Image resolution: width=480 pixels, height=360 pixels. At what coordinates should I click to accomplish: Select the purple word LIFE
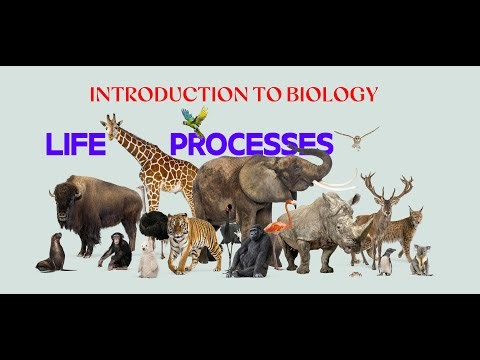75,145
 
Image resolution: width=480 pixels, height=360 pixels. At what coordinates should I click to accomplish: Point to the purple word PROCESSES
250,145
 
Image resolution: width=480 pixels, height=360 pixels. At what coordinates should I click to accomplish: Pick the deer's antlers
386,186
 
